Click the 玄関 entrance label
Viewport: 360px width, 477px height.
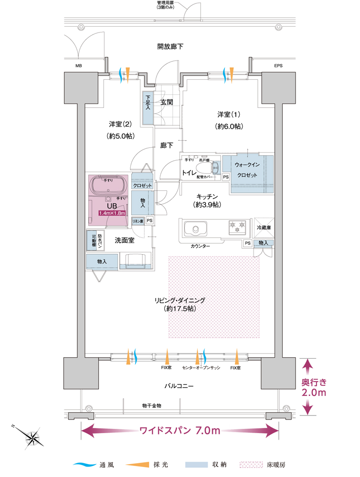point(166,102)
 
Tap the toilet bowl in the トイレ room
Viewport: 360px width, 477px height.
point(214,167)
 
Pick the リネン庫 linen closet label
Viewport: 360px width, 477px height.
point(138,221)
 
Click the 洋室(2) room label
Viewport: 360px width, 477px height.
point(120,124)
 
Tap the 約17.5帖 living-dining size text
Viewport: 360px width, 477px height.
point(180,309)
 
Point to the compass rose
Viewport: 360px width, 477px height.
point(33,437)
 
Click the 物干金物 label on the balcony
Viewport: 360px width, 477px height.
point(151,405)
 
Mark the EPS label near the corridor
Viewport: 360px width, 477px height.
point(278,66)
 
